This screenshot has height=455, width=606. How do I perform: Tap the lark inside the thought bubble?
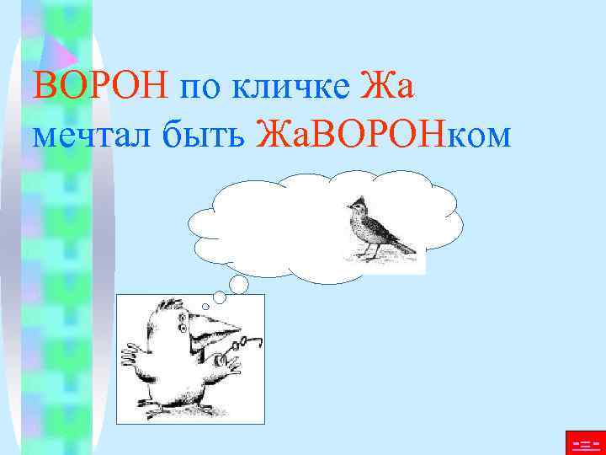pos(380,230)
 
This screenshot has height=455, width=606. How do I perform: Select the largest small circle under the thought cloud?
pos(239,284)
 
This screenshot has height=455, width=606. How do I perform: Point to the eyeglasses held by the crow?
pos(250,342)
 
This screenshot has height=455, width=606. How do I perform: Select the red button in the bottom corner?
pos(584,442)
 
